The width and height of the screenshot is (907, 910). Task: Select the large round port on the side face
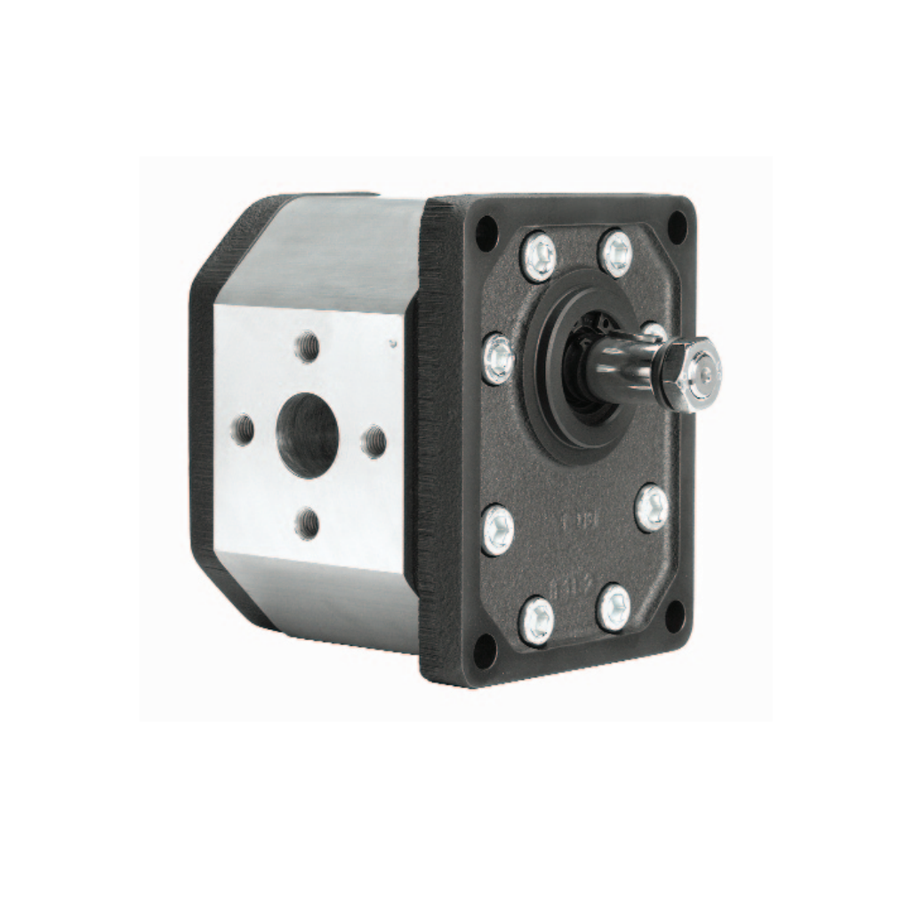(x=307, y=435)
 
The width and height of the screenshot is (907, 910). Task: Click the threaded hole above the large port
(x=308, y=346)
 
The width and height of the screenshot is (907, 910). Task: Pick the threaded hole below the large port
(x=308, y=523)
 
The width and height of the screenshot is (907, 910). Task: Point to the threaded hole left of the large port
(x=243, y=431)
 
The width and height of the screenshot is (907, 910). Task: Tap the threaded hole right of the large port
(x=374, y=441)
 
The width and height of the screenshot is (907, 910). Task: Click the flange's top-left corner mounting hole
(x=486, y=234)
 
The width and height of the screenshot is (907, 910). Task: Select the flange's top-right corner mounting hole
(x=677, y=227)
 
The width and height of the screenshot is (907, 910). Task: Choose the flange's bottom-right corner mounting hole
(x=675, y=615)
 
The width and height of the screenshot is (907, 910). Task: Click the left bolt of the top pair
(x=538, y=256)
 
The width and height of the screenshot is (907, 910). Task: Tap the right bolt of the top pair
(x=615, y=253)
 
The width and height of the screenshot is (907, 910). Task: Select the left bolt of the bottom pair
(x=536, y=619)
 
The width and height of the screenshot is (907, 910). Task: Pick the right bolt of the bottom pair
(x=614, y=607)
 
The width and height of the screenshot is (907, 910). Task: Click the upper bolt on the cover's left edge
(x=498, y=358)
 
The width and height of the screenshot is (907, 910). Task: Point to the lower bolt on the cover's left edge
(x=498, y=529)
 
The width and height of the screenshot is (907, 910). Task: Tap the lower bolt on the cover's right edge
(x=652, y=507)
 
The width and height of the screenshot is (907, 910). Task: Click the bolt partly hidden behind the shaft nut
(x=654, y=332)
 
